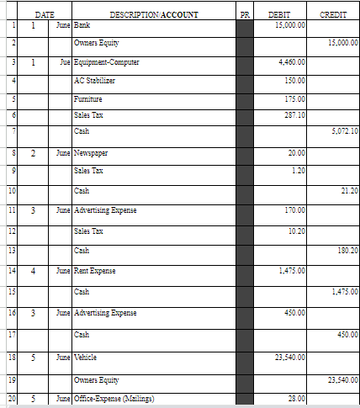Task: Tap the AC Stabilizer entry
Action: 94,80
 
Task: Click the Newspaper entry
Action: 91,154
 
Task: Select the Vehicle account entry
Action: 86,358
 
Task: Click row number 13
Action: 9,250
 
